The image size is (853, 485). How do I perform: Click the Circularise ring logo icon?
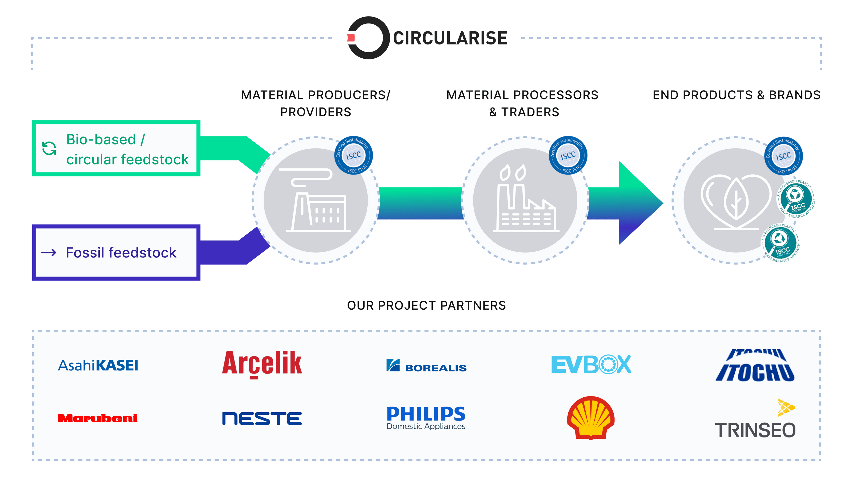368,38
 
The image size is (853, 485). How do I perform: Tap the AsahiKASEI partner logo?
98,365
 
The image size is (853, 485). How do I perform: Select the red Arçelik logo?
262,364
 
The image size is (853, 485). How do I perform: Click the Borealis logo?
426,366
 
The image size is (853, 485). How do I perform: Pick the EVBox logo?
591,365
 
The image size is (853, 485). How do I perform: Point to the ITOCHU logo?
755,365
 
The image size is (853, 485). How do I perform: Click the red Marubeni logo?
98,418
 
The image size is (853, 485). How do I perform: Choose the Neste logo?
262,418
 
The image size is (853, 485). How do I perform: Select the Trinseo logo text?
755,430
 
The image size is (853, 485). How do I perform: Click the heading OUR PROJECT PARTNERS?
426,305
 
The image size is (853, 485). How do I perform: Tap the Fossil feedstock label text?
121,253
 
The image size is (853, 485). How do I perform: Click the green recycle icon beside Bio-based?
49,148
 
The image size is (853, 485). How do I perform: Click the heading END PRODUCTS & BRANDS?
736,95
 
